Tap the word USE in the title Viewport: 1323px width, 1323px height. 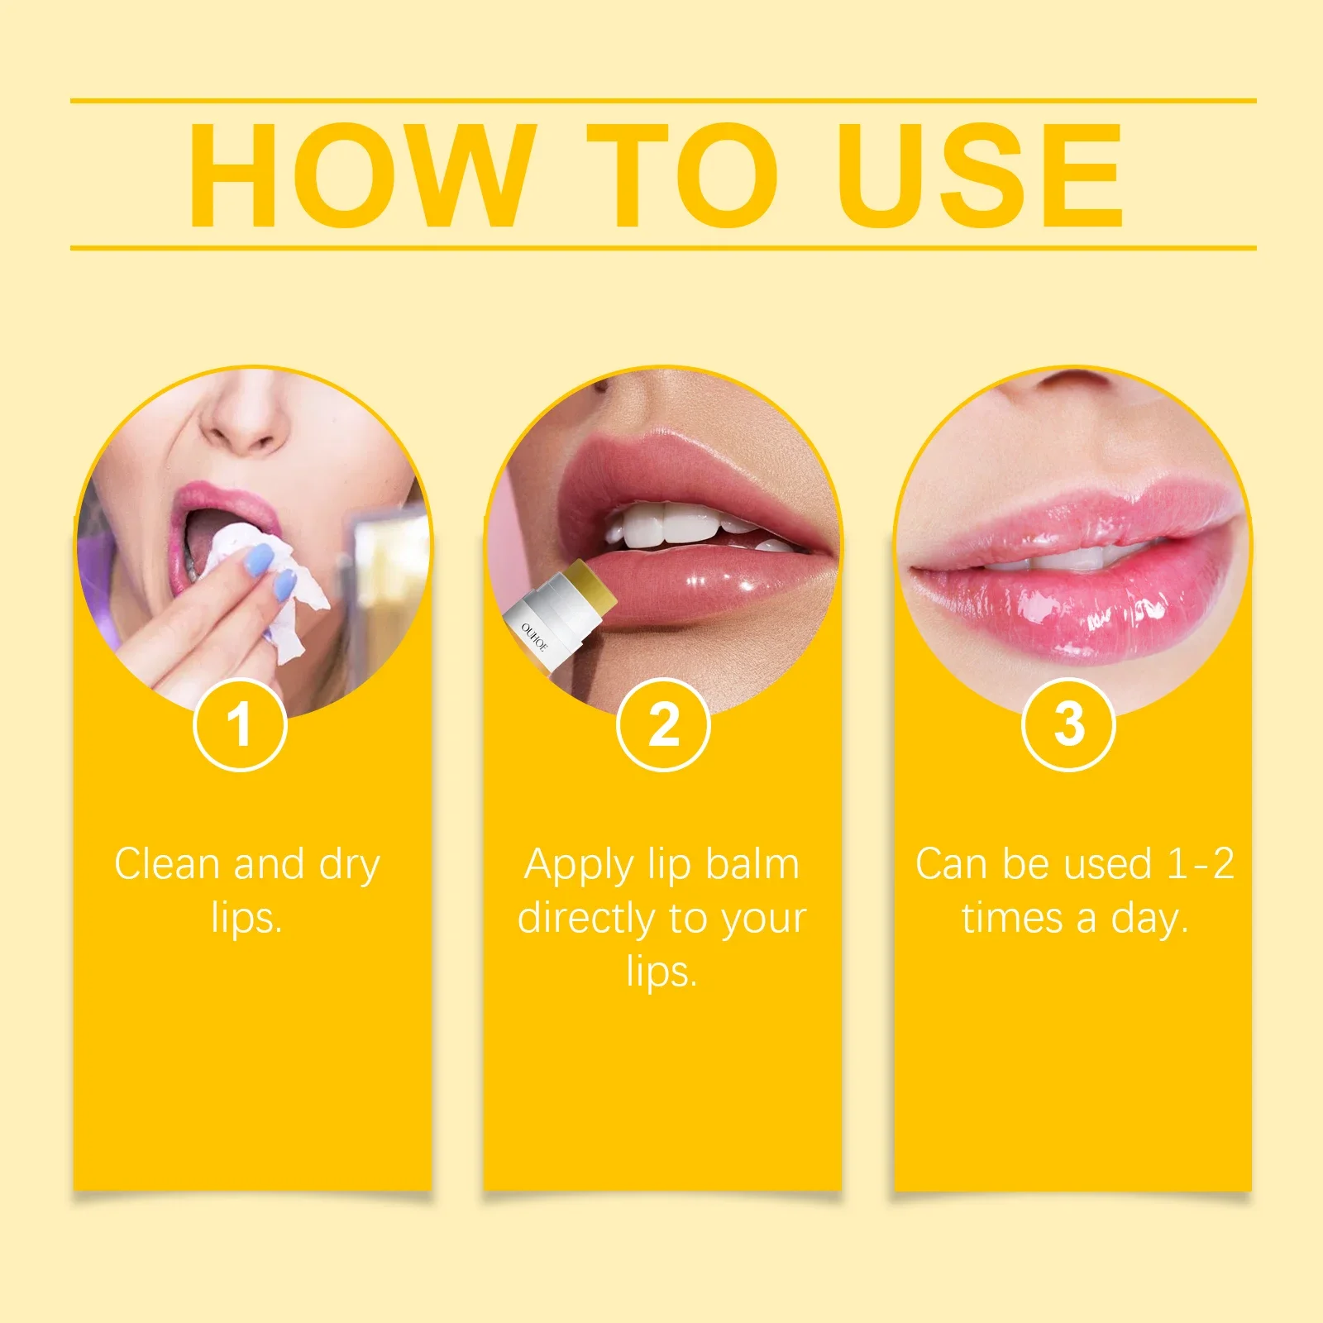point(979,175)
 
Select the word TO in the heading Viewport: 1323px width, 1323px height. point(682,175)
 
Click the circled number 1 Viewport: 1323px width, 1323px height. point(240,724)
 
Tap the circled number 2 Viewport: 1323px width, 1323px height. point(663,724)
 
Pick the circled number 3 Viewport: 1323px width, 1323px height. point(1069,724)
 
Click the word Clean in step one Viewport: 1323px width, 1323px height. point(166,864)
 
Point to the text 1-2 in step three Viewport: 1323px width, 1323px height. point(1200,864)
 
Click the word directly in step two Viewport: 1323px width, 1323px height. point(586,918)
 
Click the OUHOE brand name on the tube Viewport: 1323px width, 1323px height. point(534,638)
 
